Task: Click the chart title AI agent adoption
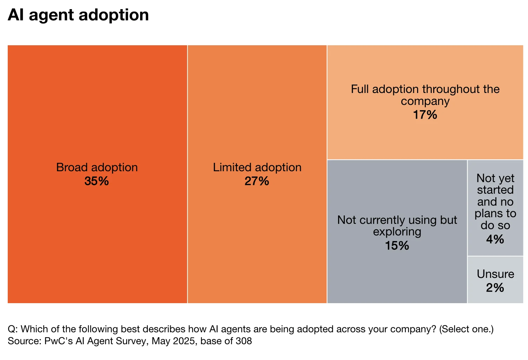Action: [78, 15]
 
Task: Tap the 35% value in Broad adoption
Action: [97, 181]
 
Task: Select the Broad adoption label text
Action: [97, 167]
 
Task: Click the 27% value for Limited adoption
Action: [257, 181]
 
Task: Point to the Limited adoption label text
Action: [257, 167]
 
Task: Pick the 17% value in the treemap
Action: [425, 115]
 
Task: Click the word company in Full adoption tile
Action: [425, 101]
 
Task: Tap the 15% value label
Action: [397, 246]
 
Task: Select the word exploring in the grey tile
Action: [397, 232]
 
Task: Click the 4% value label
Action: [495, 239]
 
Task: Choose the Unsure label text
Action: [495, 274]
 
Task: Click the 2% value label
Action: [495, 288]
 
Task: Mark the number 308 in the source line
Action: [244, 341]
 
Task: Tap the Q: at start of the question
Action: [13, 329]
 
